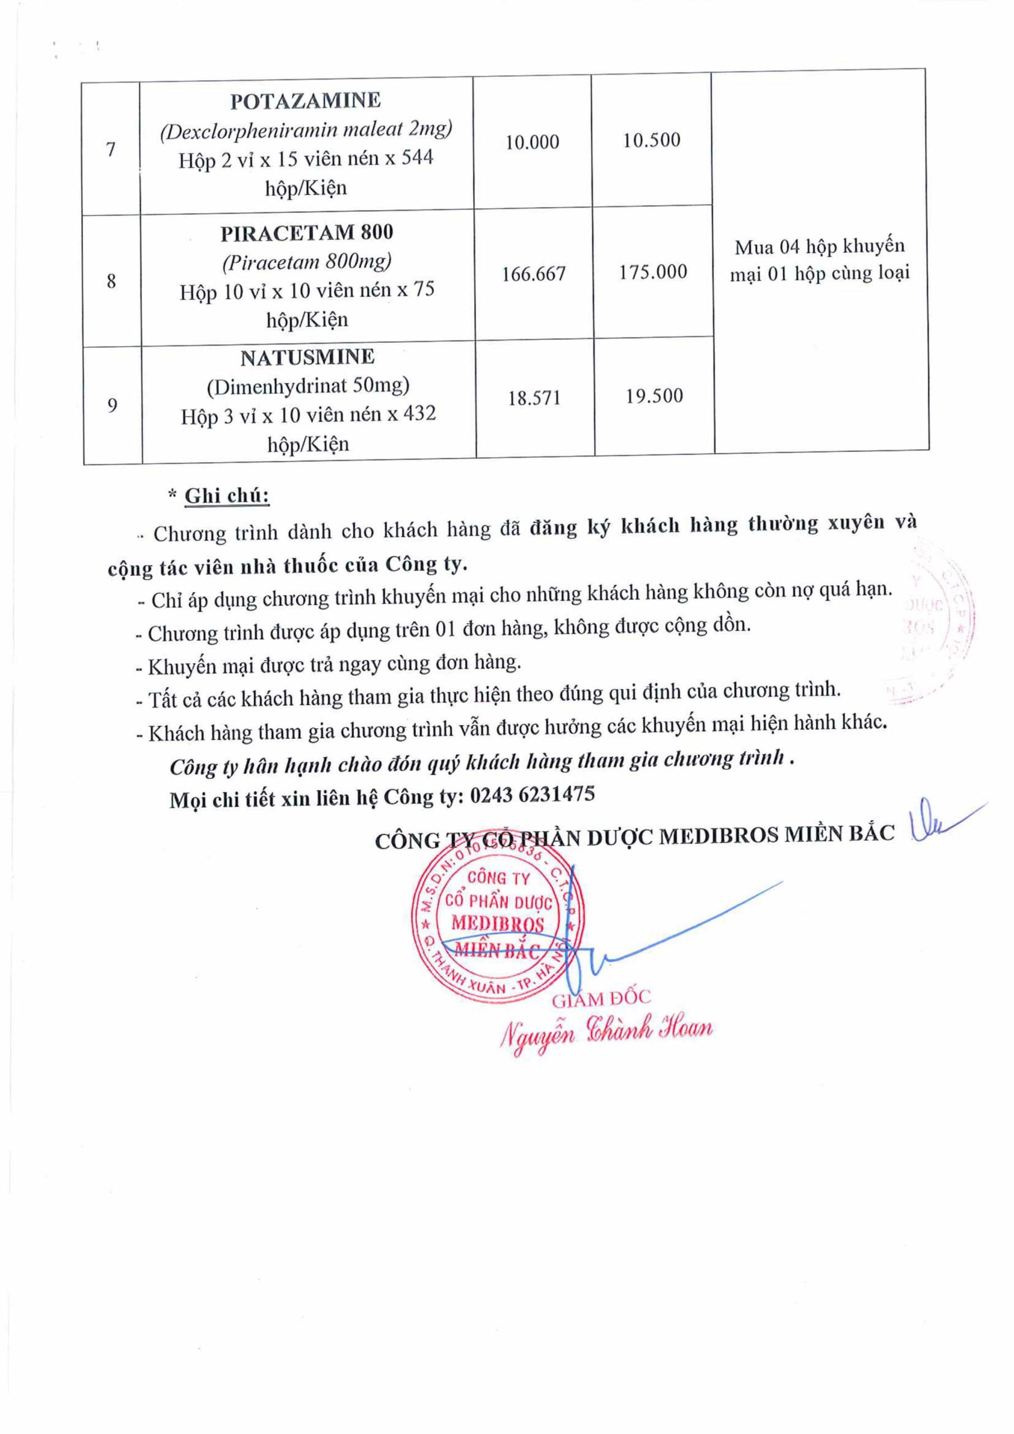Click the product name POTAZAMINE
coord(305,101)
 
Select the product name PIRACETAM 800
coord(307,232)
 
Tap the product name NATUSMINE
coord(307,357)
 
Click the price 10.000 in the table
coord(532,142)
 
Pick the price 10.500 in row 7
coord(651,140)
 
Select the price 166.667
coord(534,273)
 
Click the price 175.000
coord(653,272)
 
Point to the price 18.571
coord(535,398)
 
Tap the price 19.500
coord(655,396)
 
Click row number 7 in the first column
coord(110,149)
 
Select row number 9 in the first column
coord(112,406)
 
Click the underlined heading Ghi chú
coord(227,496)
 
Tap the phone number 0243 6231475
coord(532,794)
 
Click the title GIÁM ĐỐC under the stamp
coord(601,999)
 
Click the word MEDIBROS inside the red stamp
coord(498,924)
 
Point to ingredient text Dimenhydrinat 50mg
coord(308,385)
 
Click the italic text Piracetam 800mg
coord(307,261)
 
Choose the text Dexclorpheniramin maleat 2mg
coord(306,130)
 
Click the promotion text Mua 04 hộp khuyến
coord(819,246)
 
